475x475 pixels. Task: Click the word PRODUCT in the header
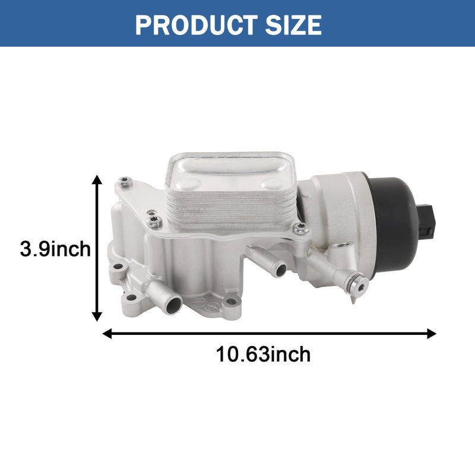pos(197,24)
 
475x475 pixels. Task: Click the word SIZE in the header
pos(293,24)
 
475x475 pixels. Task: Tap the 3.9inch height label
pos(55,249)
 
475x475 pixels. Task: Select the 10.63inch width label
pos(263,354)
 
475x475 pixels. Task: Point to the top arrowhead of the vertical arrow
pos(97,179)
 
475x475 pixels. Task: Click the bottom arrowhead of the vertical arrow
pos(97,316)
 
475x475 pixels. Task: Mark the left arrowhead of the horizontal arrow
pos(107,334)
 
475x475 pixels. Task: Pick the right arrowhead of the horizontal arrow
pos(432,334)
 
